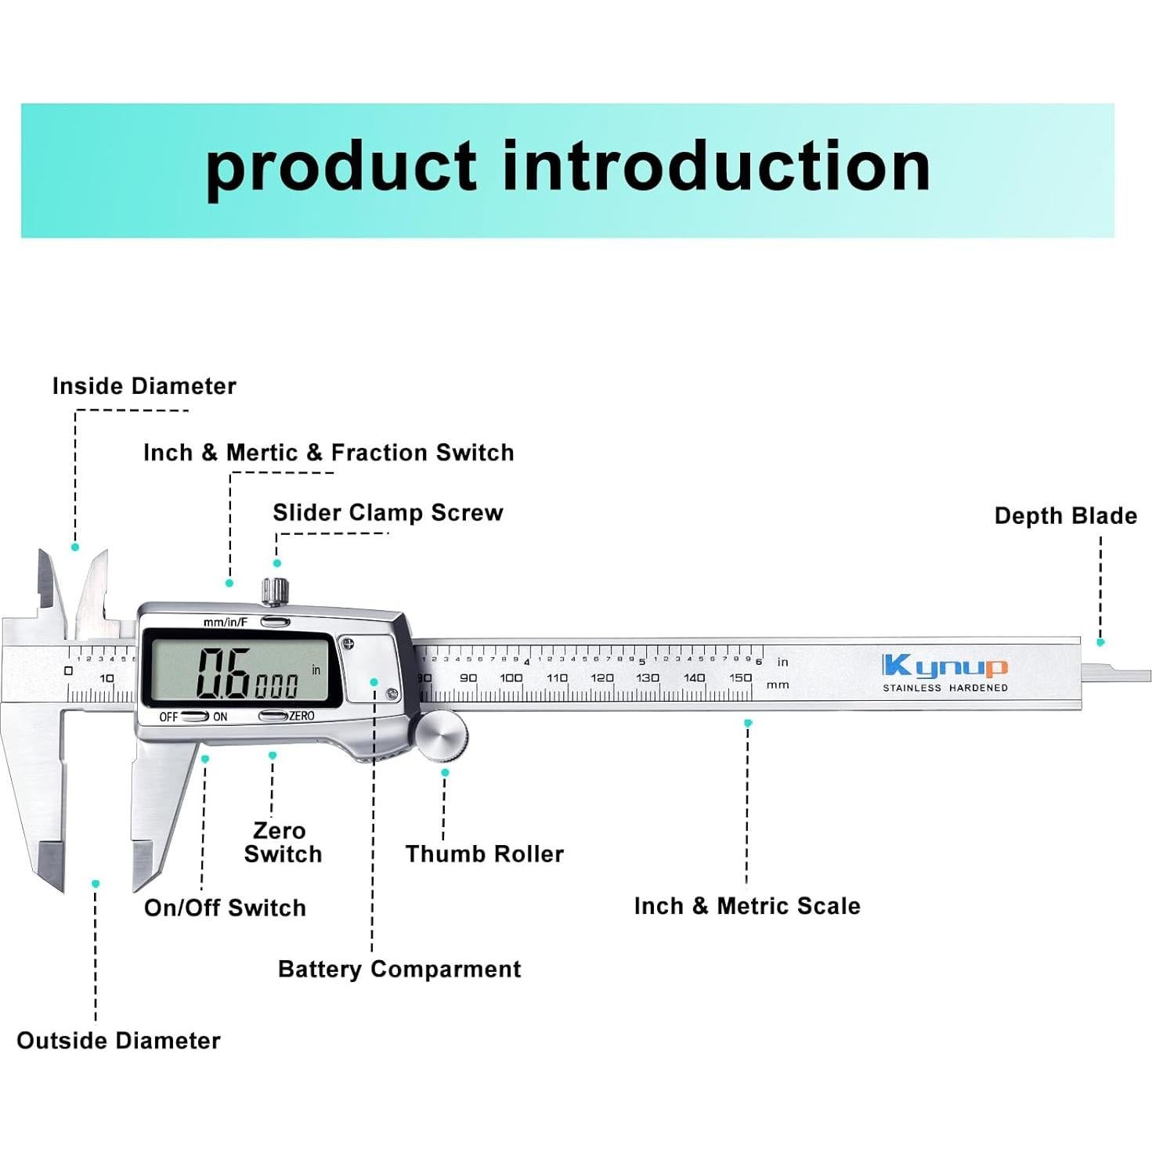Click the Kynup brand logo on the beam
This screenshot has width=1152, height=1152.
[944, 666]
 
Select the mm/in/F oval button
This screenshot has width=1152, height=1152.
[275, 623]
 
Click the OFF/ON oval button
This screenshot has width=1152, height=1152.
[195, 717]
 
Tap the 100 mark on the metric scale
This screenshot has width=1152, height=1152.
[511, 678]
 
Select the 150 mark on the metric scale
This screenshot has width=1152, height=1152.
[740, 678]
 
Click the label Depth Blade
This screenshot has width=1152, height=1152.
[1065, 516]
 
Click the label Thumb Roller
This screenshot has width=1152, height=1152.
[484, 854]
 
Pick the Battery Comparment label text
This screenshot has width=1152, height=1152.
[399, 970]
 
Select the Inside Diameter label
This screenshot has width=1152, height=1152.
[144, 386]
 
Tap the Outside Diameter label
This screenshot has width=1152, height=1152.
[118, 1041]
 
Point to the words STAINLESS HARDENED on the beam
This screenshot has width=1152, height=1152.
[944, 688]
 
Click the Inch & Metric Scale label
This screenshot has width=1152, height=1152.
[746, 906]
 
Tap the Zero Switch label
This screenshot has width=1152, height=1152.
[282, 843]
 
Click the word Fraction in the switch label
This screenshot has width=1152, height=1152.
[379, 453]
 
